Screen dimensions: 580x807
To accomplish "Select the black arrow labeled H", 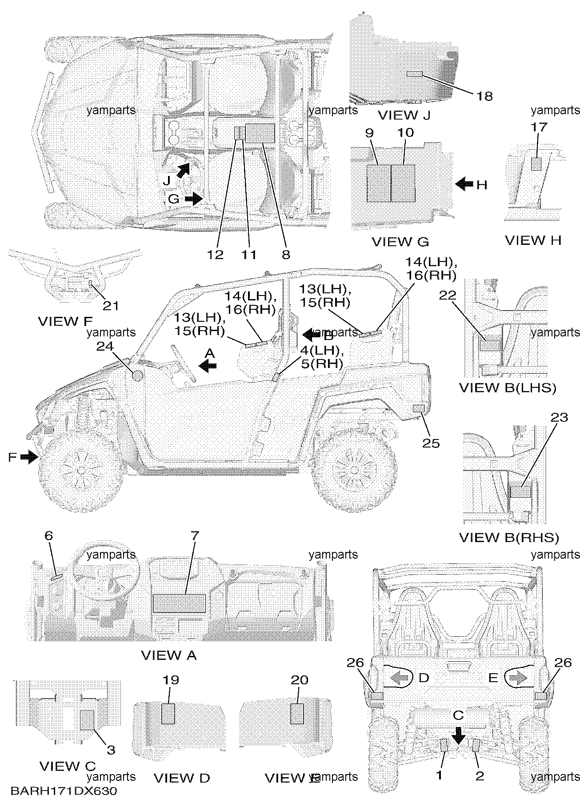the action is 464,184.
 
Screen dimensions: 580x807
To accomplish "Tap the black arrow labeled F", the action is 29,456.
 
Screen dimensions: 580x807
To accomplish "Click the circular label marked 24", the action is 137,376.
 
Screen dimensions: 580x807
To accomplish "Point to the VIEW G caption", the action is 400,241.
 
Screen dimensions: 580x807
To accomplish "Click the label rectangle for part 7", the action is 179,603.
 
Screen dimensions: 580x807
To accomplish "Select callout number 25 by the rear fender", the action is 431,443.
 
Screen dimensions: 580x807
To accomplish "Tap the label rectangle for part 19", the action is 168,714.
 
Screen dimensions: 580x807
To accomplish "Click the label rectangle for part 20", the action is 297,714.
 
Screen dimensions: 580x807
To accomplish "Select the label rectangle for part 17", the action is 536,164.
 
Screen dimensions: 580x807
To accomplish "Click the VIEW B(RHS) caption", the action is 508,538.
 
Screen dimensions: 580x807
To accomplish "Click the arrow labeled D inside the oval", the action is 399,678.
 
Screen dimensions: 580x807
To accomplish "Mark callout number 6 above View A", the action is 48,535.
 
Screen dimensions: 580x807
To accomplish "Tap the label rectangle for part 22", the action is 490,346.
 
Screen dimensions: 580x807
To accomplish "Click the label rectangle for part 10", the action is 403,183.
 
